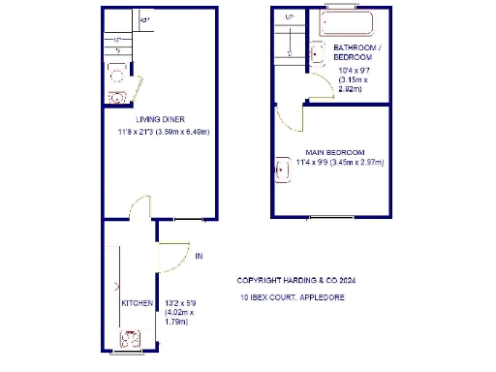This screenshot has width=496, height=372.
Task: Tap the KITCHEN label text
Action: [137, 303]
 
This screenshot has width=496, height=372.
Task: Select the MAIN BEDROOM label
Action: [334, 152]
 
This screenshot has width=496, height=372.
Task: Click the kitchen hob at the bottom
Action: [129, 340]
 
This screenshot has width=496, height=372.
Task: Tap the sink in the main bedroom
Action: [282, 171]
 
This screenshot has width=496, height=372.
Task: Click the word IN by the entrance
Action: [199, 257]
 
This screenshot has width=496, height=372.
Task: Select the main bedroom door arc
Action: [290, 120]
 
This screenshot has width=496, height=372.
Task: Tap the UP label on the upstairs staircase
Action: [289, 17]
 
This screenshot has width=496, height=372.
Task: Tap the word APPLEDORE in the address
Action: [324, 296]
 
